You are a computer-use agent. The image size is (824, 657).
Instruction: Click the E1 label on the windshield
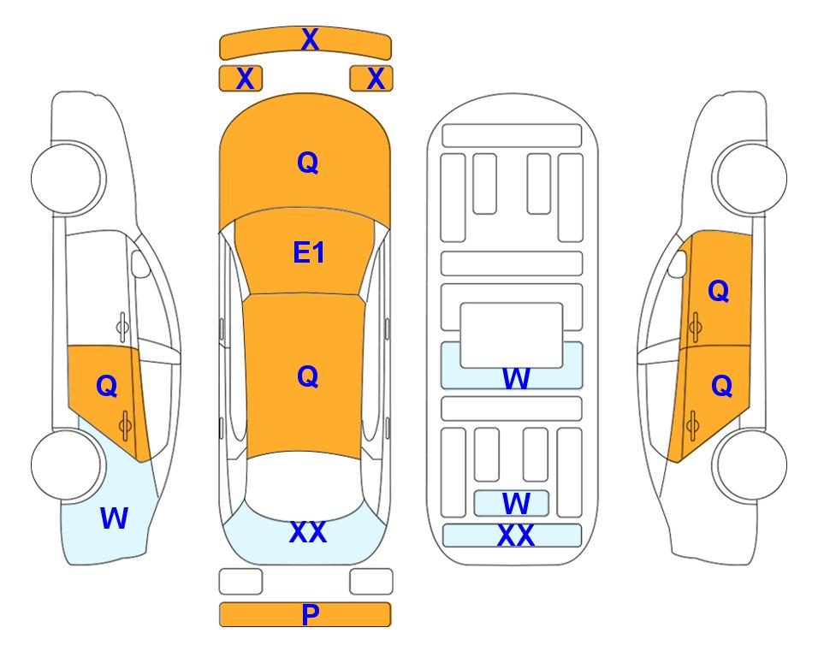tap(309, 252)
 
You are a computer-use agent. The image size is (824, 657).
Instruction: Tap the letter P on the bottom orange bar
tap(310, 614)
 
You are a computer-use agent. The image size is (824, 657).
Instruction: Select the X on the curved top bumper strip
tap(310, 38)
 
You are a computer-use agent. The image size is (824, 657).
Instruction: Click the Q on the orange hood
tap(308, 163)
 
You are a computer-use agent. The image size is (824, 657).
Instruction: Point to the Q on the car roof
tap(308, 376)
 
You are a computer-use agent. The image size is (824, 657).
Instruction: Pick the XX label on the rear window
tap(308, 532)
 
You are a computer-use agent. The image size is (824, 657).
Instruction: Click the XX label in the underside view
tap(515, 536)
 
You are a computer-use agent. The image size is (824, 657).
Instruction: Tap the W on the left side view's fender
tap(114, 518)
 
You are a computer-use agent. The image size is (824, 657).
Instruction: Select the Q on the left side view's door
tap(107, 387)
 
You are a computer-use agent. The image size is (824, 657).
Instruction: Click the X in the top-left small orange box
tap(246, 79)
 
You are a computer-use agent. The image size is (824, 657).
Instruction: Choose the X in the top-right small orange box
tap(376, 79)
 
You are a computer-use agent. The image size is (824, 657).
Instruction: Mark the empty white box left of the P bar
tap(240, 582)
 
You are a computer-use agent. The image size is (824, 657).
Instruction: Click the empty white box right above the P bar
tap(371, 582)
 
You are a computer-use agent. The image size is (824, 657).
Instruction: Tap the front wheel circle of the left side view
tap(67, 178)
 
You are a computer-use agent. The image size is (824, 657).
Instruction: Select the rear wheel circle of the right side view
tap(752, 465)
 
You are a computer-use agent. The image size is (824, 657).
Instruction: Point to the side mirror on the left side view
tap(139, 263)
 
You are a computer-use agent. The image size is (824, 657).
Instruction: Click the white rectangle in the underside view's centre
tap(512, 335)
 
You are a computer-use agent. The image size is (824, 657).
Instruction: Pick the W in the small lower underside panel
tap(516, 504)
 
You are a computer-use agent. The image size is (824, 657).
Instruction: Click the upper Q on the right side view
tap(719, 291)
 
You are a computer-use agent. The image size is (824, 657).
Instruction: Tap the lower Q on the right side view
tap(721, 387)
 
